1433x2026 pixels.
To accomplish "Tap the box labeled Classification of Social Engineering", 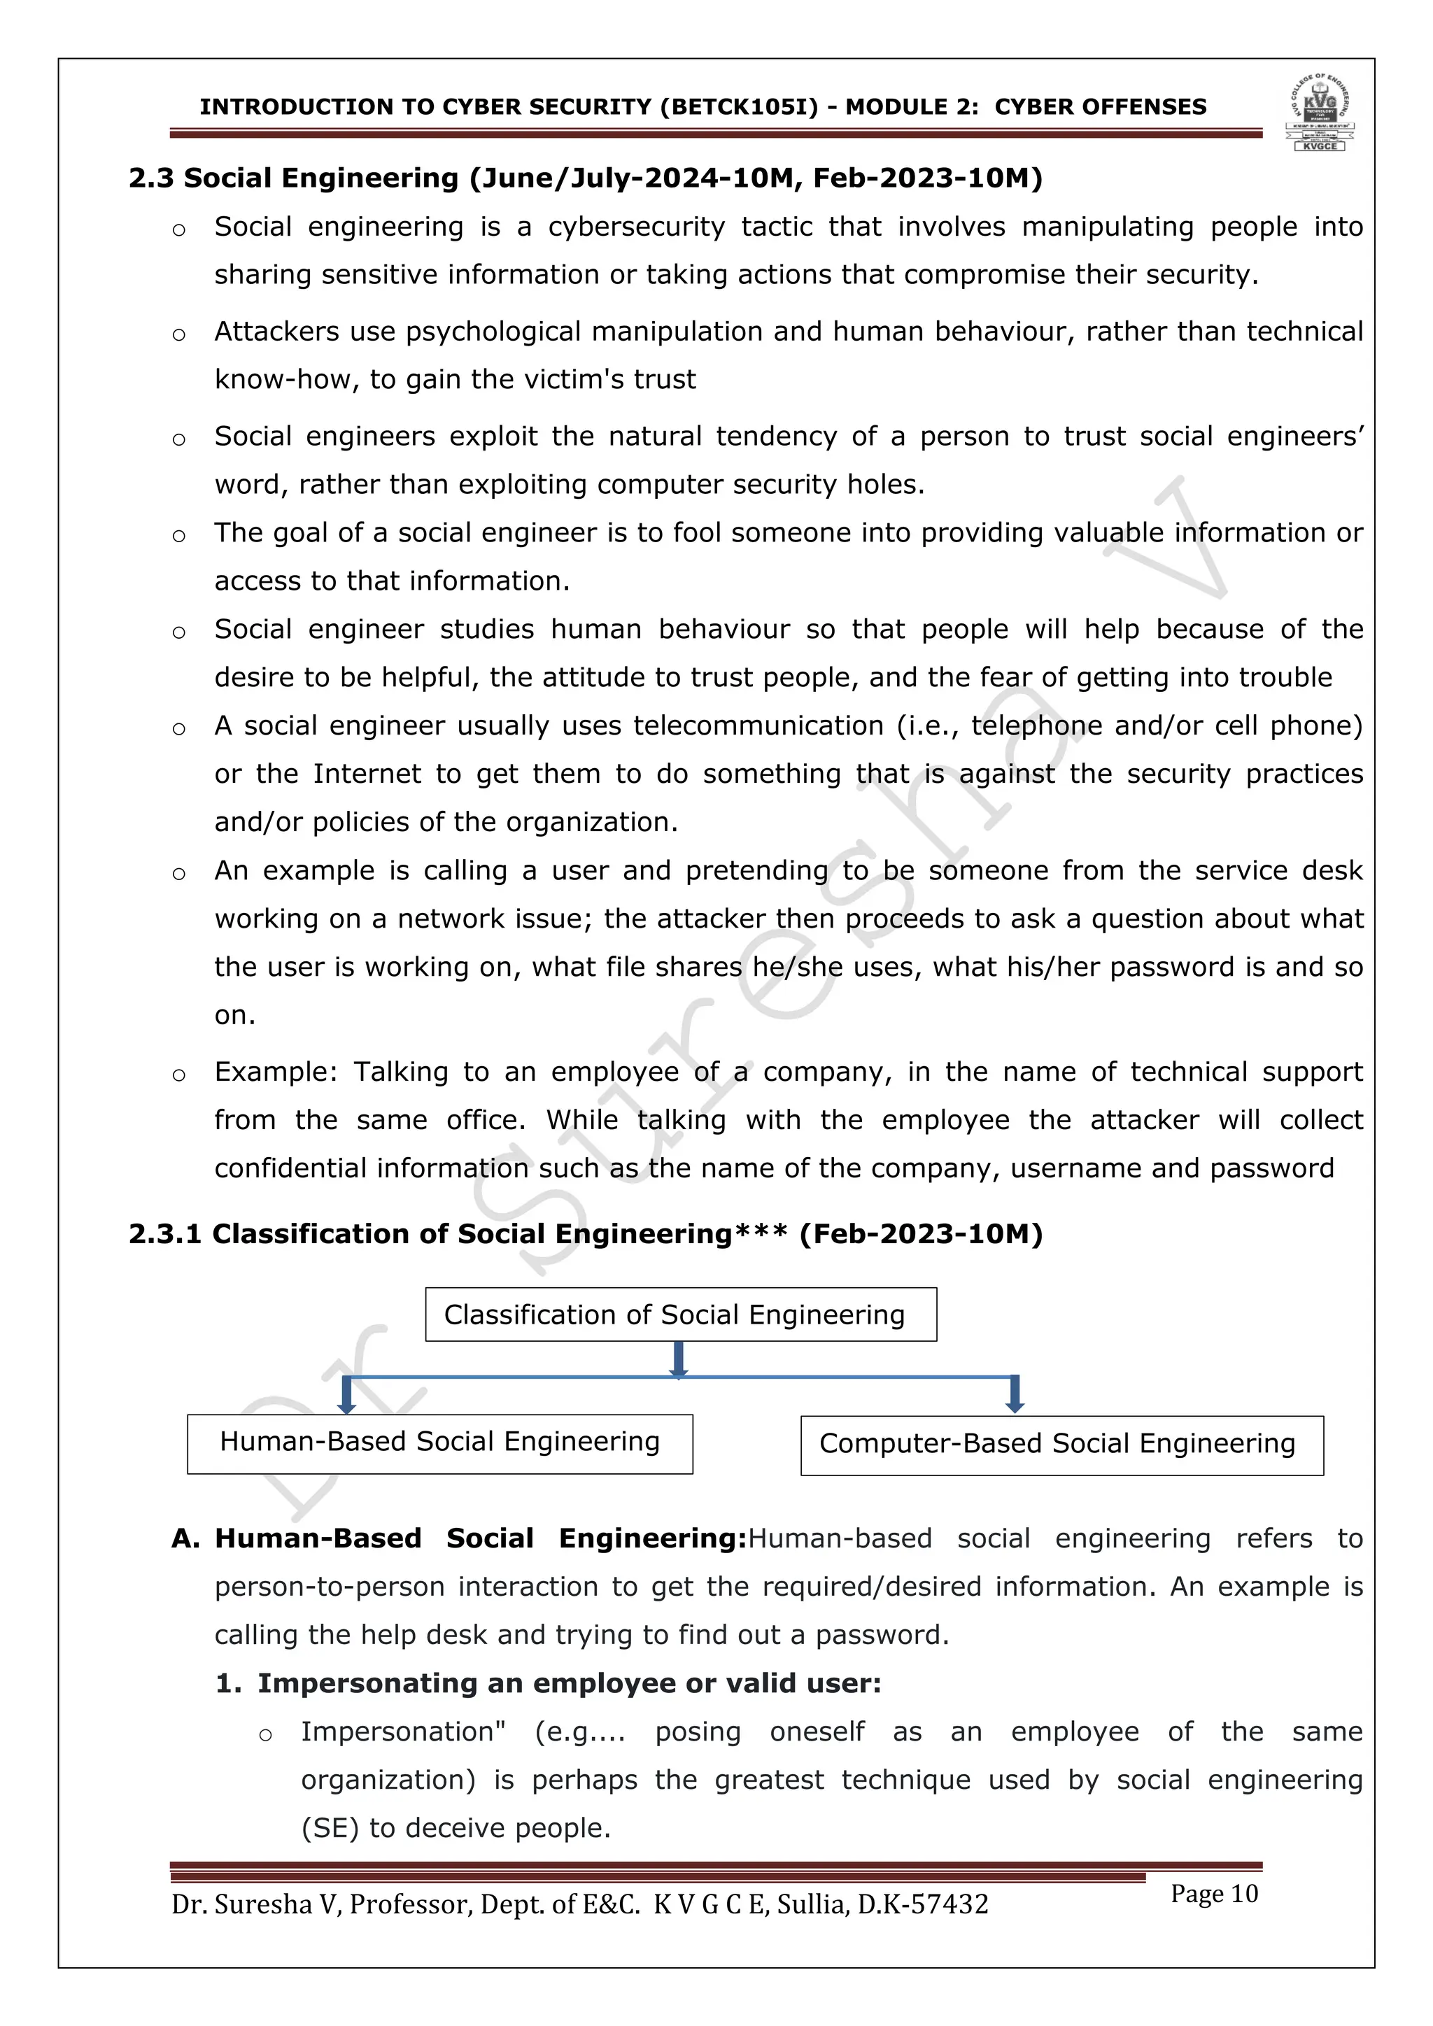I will point(680,1315).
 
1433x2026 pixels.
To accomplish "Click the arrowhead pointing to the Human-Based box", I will point(347,1405).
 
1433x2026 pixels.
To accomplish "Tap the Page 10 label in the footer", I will point(1213,1894).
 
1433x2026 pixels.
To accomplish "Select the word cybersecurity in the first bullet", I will point(636,227).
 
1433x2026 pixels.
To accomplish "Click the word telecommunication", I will point(758,725).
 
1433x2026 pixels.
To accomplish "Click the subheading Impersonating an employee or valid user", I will point(569,1684).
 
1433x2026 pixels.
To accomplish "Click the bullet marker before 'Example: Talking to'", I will point(179,1075).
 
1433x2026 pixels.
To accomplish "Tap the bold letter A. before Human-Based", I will point(185,1539).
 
